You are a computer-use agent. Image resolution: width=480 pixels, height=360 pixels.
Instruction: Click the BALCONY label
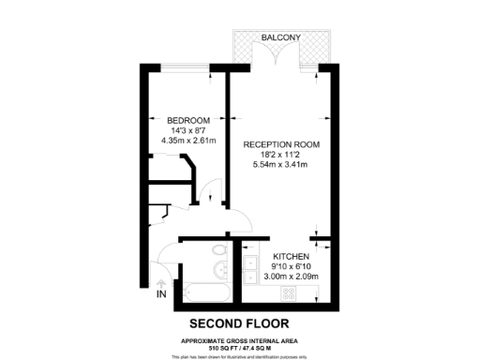tap(280, 37)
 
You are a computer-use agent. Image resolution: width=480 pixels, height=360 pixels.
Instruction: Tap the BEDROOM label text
tap(187, 121)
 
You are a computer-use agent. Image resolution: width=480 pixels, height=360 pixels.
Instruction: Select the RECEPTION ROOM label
tap(281, 144)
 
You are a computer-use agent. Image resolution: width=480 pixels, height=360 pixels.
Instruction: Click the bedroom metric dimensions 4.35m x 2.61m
tap(187, 142)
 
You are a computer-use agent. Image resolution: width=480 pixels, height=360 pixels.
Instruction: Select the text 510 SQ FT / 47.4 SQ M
tap(240, 347)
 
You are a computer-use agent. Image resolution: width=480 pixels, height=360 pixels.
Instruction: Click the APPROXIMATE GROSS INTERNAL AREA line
tap(240, 339)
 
